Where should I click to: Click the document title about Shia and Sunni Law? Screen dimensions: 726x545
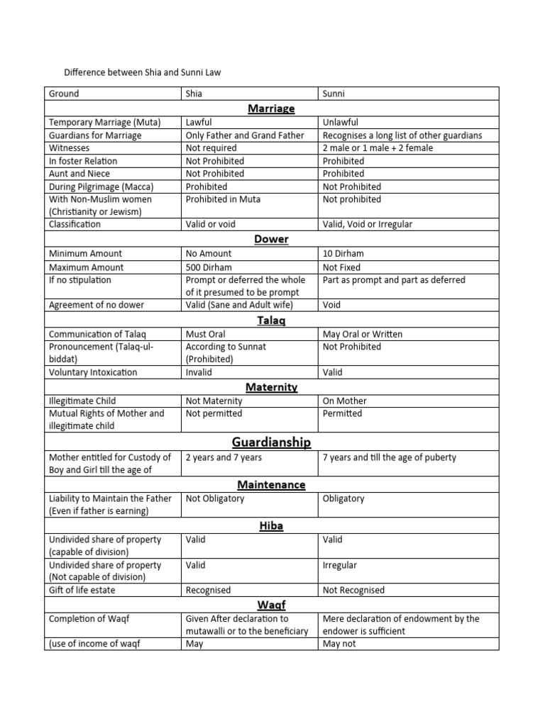click(x=148, y=72)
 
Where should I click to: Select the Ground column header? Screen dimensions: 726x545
click(x=64, y=94)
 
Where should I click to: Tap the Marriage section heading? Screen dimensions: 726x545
click(x=271, y=108)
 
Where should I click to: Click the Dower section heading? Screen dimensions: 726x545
click(x=271, y=239)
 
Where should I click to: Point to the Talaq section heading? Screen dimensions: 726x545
click(x=271, y=320)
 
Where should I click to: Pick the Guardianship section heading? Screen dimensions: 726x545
click(x=271, y=442)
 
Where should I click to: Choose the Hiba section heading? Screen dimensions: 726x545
click(x=271, y=525)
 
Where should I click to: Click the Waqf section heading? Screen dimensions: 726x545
click(x=271, y=605)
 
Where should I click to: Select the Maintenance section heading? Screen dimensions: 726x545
click(x=271, y=484)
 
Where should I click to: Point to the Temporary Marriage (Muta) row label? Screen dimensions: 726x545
click(x=104, y=123)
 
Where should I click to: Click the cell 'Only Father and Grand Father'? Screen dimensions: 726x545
click(x=245, y=135)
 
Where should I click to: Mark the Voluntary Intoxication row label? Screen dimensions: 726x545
click(x=93, y=372)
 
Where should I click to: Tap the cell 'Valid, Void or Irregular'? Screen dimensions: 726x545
click(x=367, y=225)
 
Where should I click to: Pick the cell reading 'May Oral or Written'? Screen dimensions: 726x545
click(x=362, y=334)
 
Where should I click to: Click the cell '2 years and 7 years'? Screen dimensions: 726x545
click(x=224, y=457)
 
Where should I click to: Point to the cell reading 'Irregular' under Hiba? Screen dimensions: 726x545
click(x=340, y=565)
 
